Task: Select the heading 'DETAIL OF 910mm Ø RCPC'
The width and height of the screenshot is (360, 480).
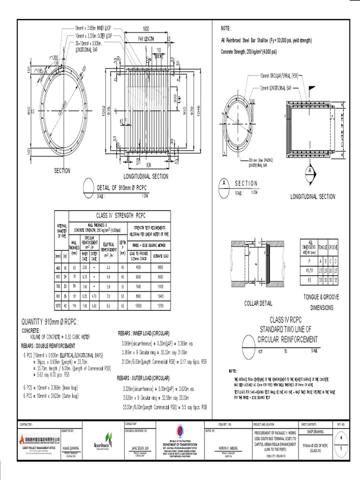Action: pos(123,188)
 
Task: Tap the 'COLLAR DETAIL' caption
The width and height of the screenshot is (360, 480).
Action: pos(258,303)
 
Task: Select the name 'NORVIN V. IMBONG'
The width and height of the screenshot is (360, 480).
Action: pos(230,448)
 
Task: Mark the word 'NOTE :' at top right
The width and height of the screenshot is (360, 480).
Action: pos(226,29)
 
